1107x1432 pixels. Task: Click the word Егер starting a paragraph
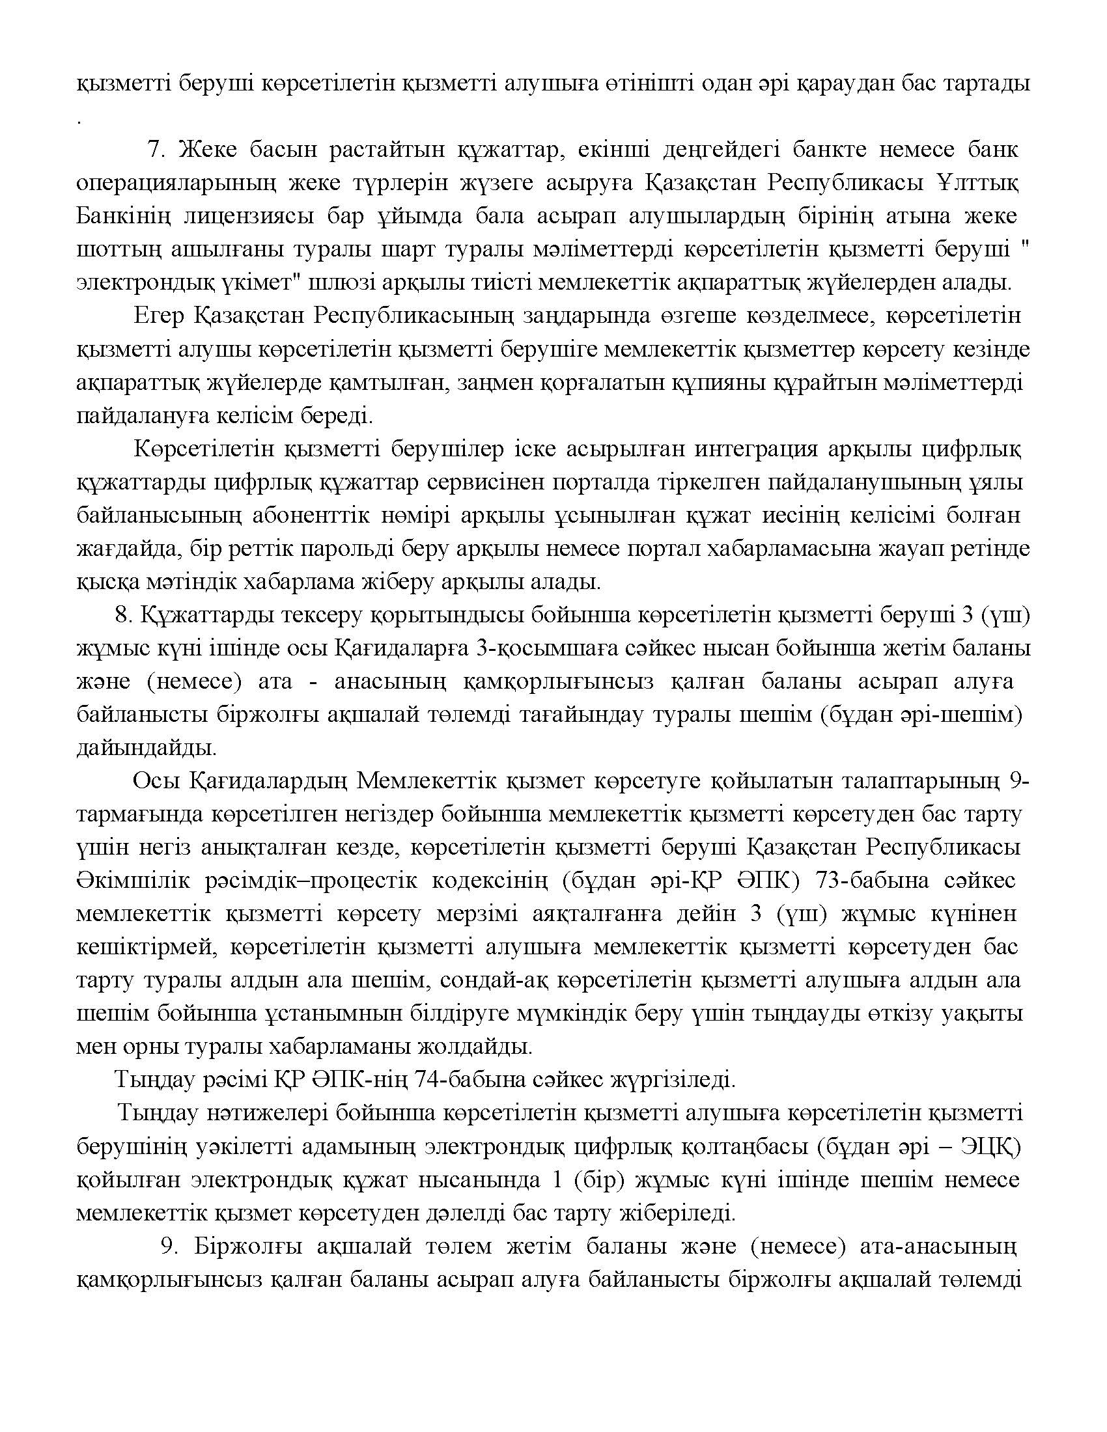(x=158, y=316)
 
